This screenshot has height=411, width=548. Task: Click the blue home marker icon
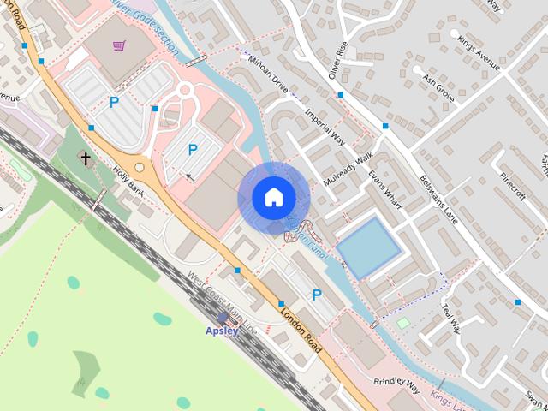coord(273,197)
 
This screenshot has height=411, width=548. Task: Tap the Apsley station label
coord(222,331)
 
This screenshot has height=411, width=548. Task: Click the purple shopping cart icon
coord(119,45)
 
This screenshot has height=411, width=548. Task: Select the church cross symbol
coord(85,158)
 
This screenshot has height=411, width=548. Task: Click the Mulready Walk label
coord(350,170)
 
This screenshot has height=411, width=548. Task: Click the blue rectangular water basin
coord(368,247)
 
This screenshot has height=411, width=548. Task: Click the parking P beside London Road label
coord(317,295)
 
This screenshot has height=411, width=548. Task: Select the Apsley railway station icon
coord(223,318)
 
